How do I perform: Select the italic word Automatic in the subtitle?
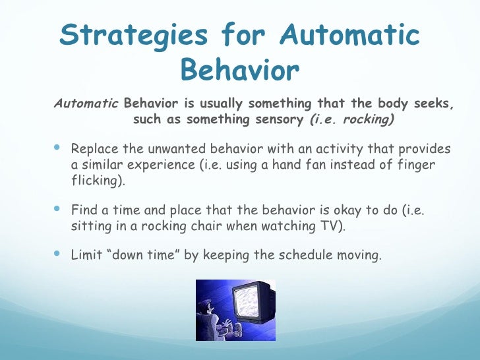[x=86, y=104]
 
